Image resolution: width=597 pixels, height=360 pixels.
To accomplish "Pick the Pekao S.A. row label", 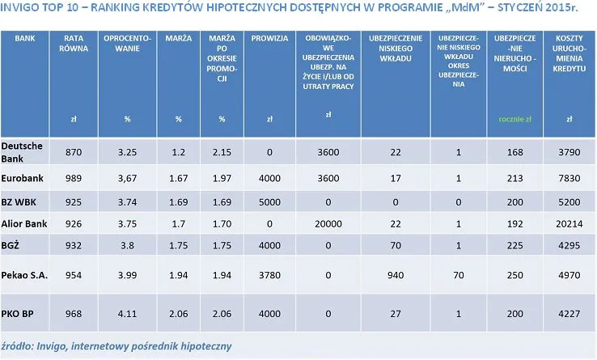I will point(24,275).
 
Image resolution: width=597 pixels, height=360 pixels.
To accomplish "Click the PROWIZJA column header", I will point(269,38).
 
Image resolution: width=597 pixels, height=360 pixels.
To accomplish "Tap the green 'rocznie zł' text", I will point(514,119).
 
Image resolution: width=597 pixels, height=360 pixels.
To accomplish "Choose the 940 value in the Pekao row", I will point(396,275).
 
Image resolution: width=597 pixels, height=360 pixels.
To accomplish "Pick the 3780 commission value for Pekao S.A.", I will point(269,275).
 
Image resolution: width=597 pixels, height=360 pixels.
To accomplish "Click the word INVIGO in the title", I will point(21,10).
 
